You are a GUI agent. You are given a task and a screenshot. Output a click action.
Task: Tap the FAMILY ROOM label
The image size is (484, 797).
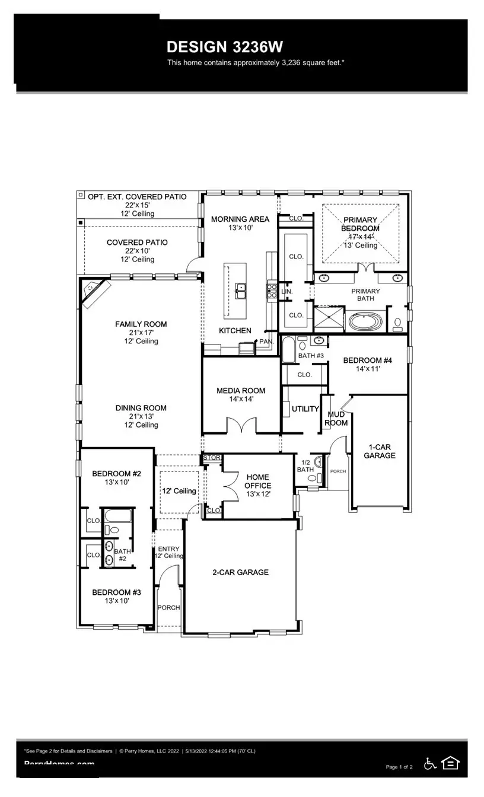[141, 324]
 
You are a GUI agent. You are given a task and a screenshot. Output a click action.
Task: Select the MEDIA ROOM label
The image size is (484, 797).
[240, 391]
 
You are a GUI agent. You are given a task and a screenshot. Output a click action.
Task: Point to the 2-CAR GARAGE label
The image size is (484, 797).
[240, 572]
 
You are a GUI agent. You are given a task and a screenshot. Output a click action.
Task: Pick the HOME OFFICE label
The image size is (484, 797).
[257, 481]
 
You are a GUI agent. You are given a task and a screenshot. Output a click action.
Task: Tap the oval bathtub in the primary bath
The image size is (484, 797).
[365, 323]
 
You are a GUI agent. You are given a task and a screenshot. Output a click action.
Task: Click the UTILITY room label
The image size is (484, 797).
[305, 409]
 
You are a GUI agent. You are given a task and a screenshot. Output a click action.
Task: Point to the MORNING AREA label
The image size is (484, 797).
[240, 219]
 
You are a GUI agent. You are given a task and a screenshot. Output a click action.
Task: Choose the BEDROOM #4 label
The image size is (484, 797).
[367, 361]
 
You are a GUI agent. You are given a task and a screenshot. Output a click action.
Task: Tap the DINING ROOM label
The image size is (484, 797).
[141, 408]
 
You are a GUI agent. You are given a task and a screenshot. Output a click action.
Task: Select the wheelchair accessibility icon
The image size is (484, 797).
[430, 764]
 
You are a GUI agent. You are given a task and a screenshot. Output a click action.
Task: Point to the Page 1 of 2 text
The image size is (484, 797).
[399, 767]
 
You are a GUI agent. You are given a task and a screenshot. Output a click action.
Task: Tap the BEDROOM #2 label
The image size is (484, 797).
[116, 474]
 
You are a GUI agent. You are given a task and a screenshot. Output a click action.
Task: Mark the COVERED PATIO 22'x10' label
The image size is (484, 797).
[137, 243]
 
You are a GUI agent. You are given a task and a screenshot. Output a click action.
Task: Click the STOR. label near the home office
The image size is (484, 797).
[212, 458]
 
